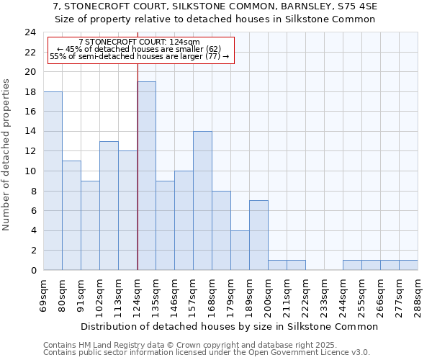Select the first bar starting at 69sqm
[53, 181]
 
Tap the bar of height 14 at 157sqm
[202, 201]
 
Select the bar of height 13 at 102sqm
[109, 206]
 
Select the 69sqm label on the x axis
[44, 295]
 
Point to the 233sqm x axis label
[325, 295]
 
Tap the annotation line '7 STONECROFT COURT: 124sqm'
[139, 42]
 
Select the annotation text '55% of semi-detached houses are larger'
[139, 56]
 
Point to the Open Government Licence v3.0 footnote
[207, 352]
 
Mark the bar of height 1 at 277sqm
[408, 265]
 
